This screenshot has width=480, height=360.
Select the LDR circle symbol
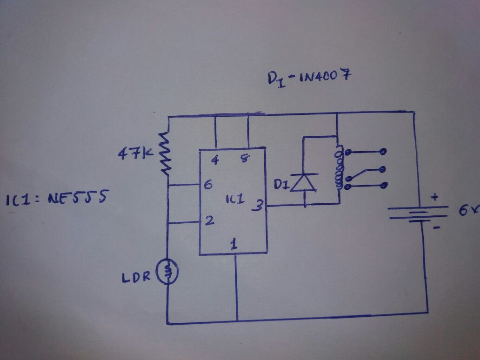167,272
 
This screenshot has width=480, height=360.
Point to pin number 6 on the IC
208,185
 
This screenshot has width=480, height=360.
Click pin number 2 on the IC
209,221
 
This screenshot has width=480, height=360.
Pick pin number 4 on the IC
215,160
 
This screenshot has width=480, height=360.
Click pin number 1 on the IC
234,243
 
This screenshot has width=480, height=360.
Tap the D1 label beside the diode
280,186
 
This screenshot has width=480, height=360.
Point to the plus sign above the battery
435,197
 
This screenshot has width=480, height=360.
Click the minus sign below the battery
436,228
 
